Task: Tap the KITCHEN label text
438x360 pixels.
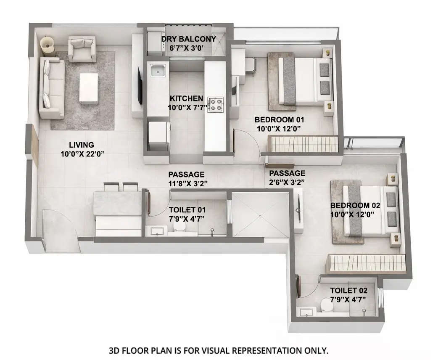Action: point(186,98)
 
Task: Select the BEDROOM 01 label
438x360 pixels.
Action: point(279,119)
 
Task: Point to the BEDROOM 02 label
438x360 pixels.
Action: point(355,206)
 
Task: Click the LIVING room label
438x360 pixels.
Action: point(82,145)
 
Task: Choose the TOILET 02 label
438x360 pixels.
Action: point(348,291)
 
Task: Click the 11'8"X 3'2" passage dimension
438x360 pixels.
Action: point(186,183)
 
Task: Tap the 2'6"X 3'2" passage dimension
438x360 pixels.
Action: point(287,182)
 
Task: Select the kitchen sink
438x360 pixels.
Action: point(157,71)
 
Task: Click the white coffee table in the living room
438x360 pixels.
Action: point(89,88)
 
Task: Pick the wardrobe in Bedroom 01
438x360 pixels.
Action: point(303,144)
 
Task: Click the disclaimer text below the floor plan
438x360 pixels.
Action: point(219,350)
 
